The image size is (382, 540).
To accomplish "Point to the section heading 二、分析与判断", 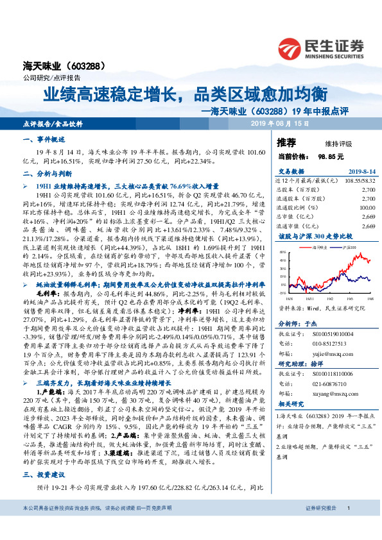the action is click(44, 173).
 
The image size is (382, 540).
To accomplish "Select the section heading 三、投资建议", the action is click(44, 475).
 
